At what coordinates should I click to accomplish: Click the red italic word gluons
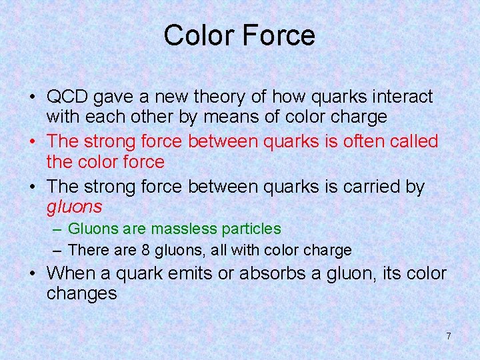click(74, 207)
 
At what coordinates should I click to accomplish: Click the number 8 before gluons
click(145, 251)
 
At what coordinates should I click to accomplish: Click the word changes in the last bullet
click(81, 293)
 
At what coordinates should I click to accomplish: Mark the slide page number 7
click(448, 336)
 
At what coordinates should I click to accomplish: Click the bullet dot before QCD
click(33, 97)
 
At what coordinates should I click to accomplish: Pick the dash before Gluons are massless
click(57, 229)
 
